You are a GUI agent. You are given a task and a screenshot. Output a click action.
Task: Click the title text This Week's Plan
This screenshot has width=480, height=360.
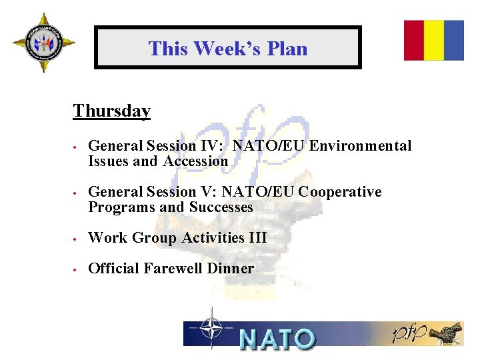pyautogui.click(x=227, y=49)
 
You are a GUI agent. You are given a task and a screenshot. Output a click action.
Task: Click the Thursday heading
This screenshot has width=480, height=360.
pyautogui.click(x=111, y=111)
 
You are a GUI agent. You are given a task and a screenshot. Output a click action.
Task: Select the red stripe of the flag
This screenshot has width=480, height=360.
pyautogui.click(x=414, y=40)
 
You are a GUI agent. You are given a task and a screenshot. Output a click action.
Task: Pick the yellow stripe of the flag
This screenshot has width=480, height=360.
pyautogui.click(x=434, y=40)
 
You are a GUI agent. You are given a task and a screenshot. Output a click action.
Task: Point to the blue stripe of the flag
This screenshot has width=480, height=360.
pyautogui.click(x=454, y=40)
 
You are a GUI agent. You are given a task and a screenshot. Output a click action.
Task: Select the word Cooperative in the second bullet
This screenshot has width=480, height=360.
pyautogui.click(x=340, y=192)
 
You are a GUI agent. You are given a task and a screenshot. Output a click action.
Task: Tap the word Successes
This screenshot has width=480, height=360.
pyautogui.click(x=221, y=207)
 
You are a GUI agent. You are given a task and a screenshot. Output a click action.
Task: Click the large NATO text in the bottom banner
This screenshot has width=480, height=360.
pyautogui.click(x=276, y=338)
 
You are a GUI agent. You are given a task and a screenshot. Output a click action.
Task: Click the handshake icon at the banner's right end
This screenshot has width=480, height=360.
pyautogui.click(x=446, y=333)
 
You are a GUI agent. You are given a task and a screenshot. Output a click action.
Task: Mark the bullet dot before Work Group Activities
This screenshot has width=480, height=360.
pyautogui.click(x=77, y=239)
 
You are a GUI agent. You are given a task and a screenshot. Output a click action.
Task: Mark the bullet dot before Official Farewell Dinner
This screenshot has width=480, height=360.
pyautogui.click(x=77, y=269)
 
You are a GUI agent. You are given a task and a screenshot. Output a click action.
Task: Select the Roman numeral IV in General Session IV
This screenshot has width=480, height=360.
pyautogui.click(x=208, y=146)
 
